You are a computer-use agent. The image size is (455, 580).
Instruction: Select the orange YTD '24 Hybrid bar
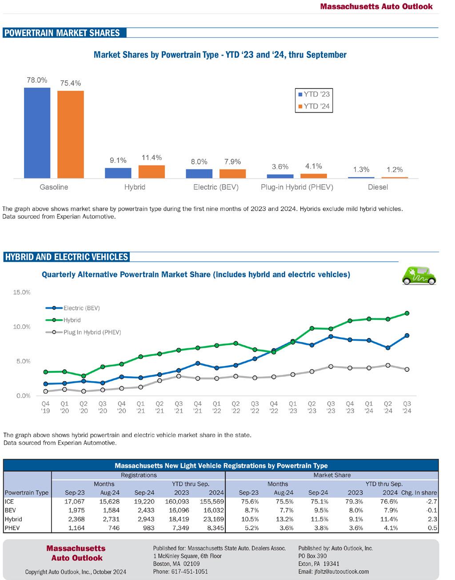(x=152, y=172)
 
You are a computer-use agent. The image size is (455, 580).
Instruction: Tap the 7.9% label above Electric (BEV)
(x=232, y=161)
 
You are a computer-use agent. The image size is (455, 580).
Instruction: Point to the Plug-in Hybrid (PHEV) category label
(x=297, y=187)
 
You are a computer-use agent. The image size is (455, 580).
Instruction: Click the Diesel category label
(x=378, y=187)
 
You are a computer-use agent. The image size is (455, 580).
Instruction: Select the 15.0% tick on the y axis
(x=22, y=292)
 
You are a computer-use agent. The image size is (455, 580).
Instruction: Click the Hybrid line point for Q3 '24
(x=407, y=313)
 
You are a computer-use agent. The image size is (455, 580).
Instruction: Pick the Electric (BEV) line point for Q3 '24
(x=407, y=335)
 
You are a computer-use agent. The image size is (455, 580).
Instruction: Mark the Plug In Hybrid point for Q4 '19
(x=45, y=391)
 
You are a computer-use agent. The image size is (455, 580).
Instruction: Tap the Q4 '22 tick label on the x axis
(x=274, y=407)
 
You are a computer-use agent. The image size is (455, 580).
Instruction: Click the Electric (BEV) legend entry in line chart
(x=81, y=308)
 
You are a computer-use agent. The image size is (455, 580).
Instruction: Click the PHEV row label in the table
(x=11, y=528)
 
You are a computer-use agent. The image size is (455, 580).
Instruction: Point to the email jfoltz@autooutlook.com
(x=333, y=572)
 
